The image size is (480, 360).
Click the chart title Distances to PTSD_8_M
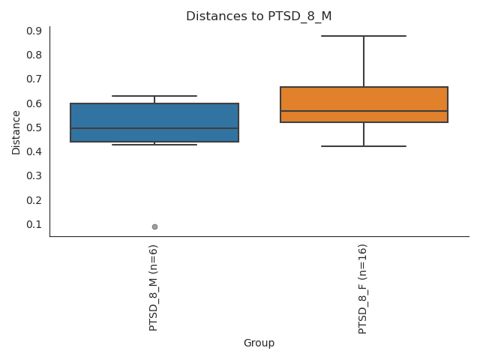(259, 16)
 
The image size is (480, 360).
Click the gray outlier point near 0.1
(154, 226)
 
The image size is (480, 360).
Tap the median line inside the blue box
(154, 128)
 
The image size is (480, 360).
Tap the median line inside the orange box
(364, 111)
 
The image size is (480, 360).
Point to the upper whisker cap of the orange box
(364, 36)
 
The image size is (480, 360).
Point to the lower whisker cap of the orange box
(364, 146)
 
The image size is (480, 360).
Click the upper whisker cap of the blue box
(154, 96)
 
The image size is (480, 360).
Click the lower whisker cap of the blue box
(154, 145)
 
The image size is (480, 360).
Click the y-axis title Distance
(16, 132)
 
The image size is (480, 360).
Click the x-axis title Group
(259, 343)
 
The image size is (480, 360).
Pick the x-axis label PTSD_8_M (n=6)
(154, 287)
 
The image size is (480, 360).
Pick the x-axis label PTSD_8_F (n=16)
(363, 289)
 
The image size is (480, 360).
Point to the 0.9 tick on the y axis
(34, 31)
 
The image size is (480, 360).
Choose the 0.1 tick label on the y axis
(34, 224)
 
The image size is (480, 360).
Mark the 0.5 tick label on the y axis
(34, 127)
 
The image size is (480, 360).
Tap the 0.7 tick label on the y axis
(34, 79)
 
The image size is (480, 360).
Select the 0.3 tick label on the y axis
(34, 175)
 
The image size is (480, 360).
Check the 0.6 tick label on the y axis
(34, 103)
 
